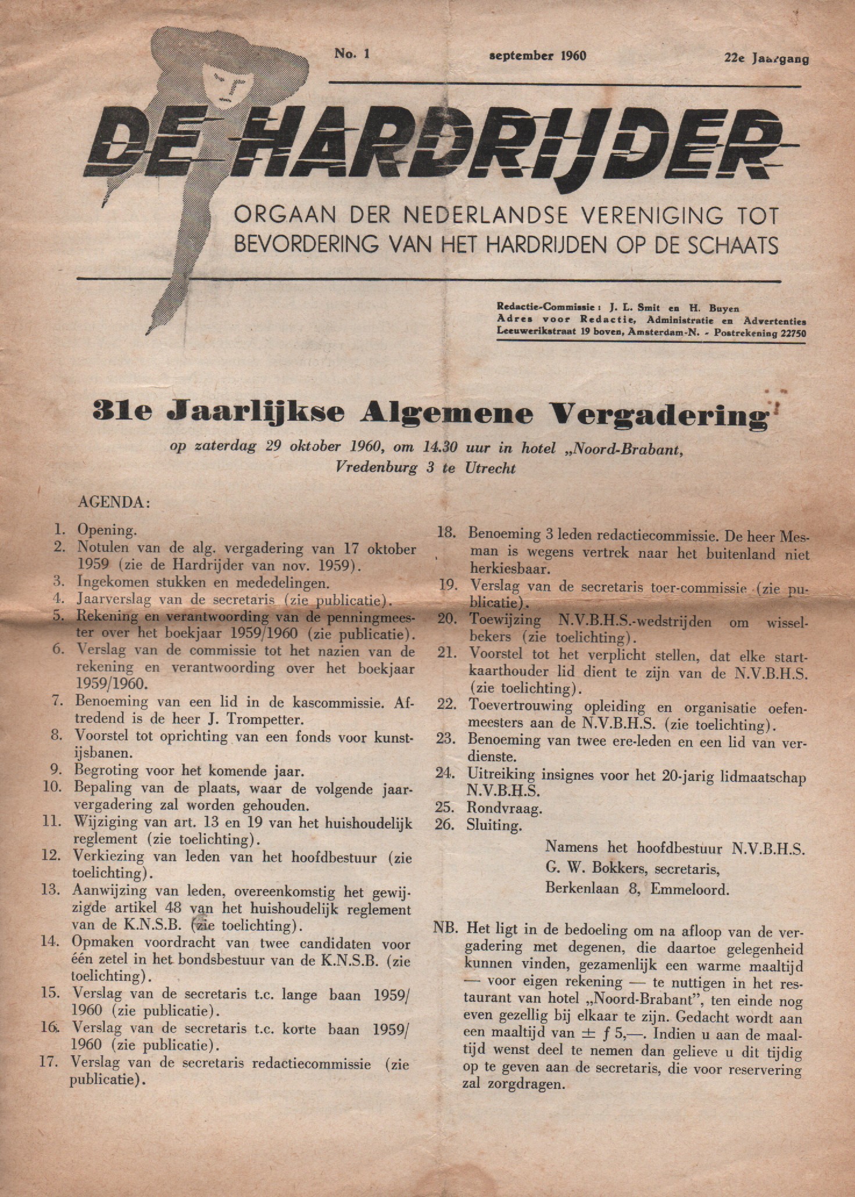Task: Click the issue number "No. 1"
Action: [352, 54]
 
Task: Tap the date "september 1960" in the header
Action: [538, 56]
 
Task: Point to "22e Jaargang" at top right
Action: [766, 58]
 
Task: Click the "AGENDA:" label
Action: [114, 503]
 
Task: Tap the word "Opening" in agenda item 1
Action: [105, 531]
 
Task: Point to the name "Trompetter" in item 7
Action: [272, 719]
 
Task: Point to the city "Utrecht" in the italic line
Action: [489, 469]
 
